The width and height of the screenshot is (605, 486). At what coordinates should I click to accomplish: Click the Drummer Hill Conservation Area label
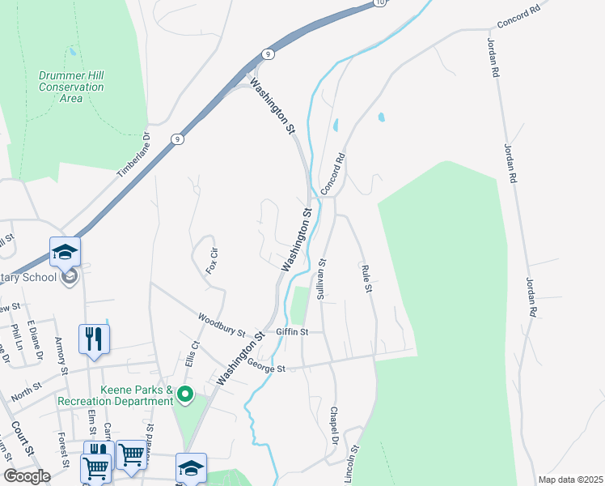pos(71,87)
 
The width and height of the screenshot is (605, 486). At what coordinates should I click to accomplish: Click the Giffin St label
pos(292,331)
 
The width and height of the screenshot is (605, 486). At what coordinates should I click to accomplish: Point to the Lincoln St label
pos(352,463)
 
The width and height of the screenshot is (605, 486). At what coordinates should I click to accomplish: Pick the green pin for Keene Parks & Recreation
pos(185,395)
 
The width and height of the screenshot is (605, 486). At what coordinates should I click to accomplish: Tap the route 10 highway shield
pos(380,3)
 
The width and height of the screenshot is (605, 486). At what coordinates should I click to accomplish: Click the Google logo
pos(27,476)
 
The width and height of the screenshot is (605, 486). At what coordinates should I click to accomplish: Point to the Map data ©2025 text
pos(570,480)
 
